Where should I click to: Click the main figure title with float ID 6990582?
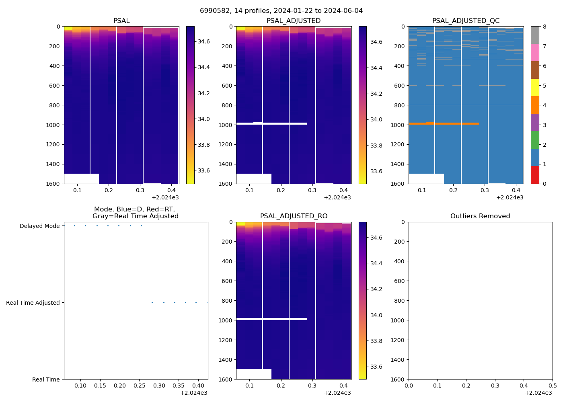(x=281, y=11)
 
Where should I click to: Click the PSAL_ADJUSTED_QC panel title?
(x=466, y=21)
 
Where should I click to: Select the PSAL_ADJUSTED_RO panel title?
(x=294, y=216)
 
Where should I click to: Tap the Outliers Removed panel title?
(x=480, y=216)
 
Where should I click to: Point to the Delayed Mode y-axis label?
(x=39, y=226)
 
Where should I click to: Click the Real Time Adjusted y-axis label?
(x=33, y=303)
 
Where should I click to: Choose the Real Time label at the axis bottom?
(x=46, y=379)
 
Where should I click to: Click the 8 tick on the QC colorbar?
(x=545, y=27)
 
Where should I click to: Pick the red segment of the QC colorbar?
(x=535, y=175)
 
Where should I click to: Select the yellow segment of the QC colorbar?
(x=535, y=87)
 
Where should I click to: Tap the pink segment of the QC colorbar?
(x=535, y=52)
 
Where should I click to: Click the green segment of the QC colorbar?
(x=535, y=140)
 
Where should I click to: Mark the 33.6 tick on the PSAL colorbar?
(x=203, y=170)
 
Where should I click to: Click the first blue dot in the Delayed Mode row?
(x=74, y=226)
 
